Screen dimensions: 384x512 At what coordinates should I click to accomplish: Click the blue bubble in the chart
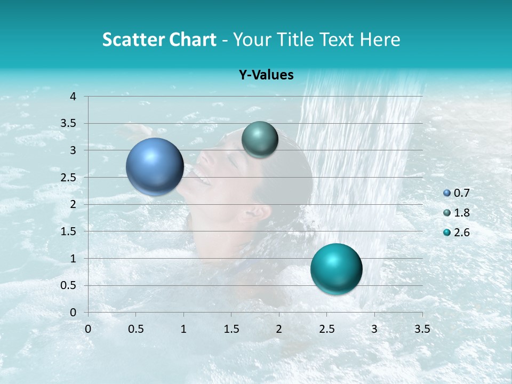(155, 166)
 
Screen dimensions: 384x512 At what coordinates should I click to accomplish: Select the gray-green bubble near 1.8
(260, 140)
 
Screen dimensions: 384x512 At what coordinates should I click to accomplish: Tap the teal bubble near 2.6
(336, 269)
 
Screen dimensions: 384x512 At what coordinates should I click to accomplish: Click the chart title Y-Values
(266, 75)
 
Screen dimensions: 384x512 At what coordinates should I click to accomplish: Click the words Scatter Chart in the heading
(159, 39)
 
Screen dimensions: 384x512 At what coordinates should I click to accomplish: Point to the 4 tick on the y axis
(73, 97)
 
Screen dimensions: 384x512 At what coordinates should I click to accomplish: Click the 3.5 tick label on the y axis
(69, 123)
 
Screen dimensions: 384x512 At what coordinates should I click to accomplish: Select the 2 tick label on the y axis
(73, 204)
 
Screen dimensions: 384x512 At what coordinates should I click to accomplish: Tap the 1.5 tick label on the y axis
(69, 231)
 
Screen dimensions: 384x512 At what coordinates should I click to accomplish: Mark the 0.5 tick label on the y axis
(69, 285)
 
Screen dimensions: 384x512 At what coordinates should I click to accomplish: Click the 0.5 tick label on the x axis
(136, 329)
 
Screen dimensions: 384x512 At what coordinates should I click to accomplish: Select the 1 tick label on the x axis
(183, 329)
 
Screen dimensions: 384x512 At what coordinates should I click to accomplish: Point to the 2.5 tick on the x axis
(326, 329)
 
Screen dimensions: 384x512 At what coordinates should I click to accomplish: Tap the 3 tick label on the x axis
(374, 329)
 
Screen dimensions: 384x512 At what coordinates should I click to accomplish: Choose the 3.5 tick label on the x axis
(422, 329)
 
